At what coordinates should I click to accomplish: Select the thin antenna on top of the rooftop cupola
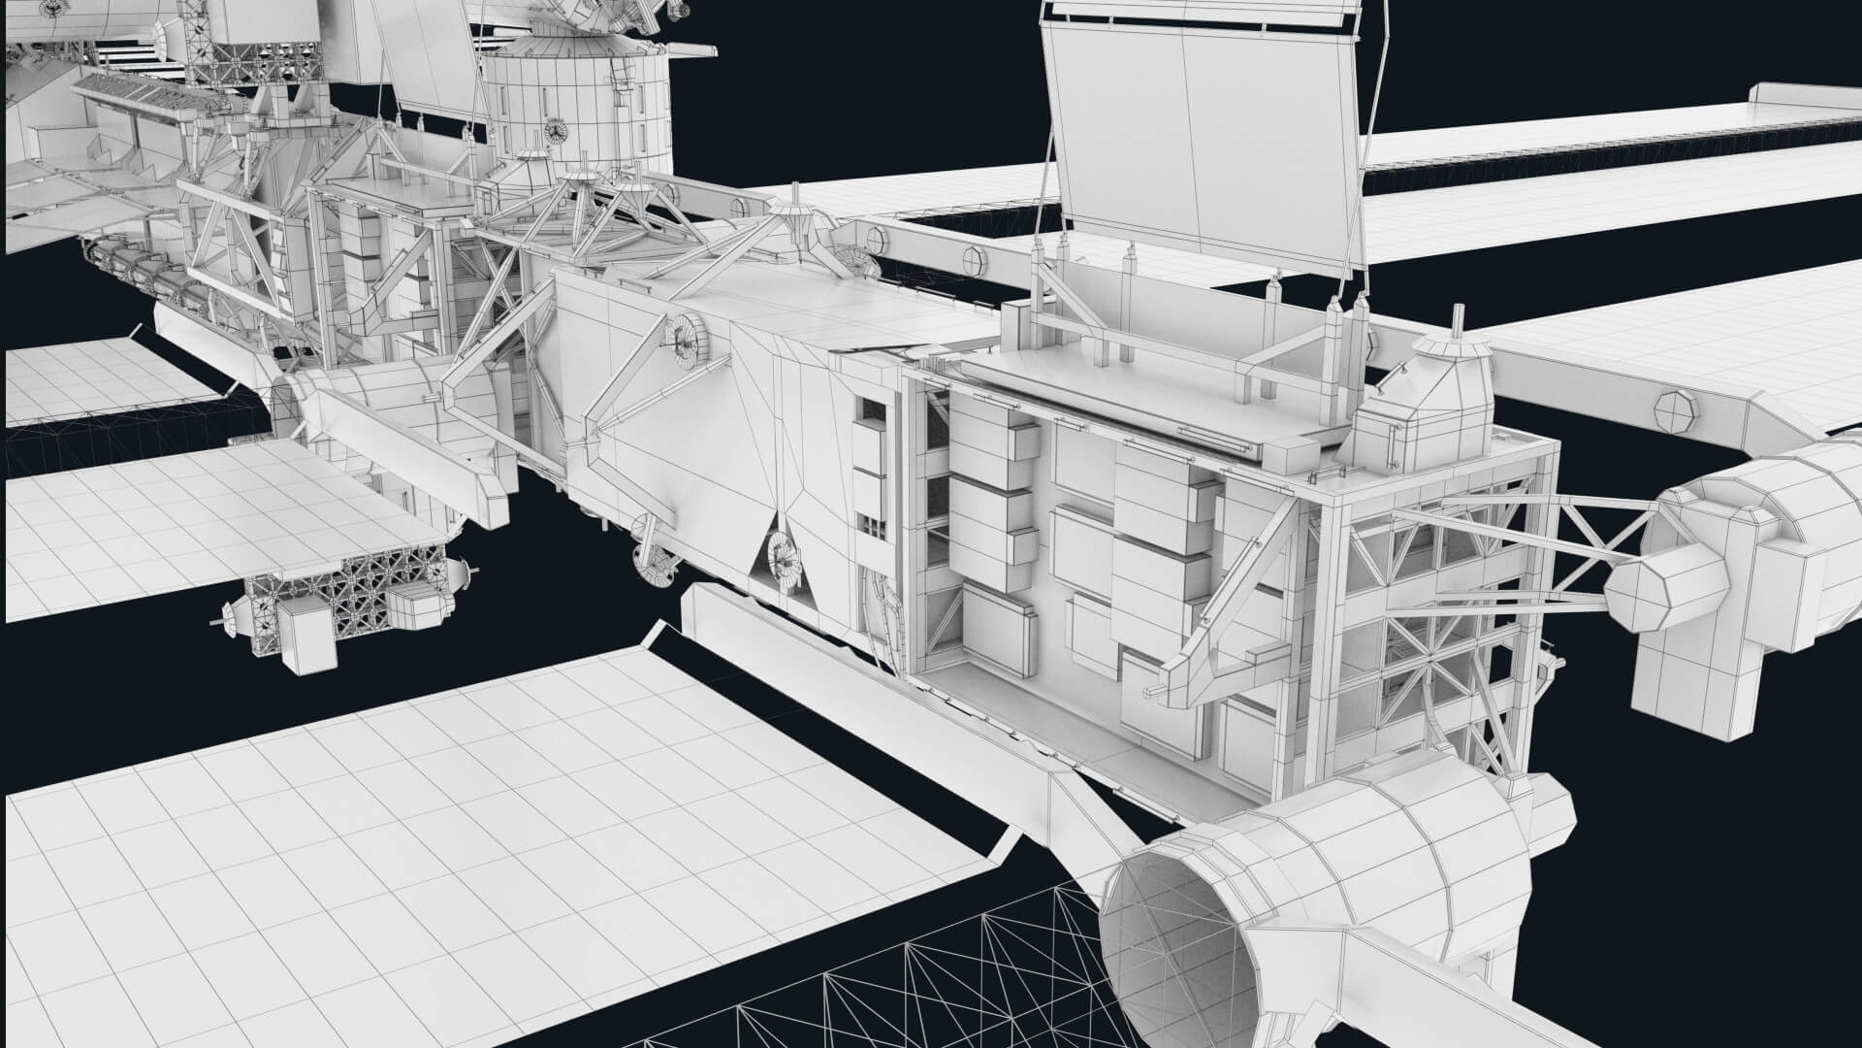[1456, 319]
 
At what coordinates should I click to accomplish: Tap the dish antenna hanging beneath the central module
[652, 557]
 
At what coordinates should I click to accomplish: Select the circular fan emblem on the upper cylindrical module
[557, 129]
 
